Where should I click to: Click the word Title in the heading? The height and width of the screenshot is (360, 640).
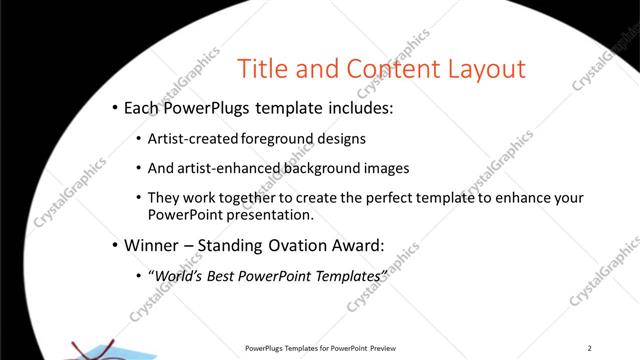[263, 69]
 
